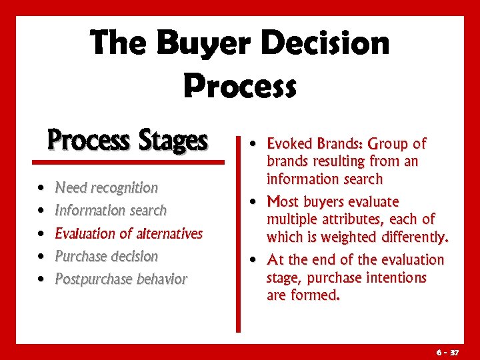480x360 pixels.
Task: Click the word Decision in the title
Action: coord(325,44)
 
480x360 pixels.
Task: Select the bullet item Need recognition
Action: coord(107,188)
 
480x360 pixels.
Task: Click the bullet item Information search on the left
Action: coord(111,211)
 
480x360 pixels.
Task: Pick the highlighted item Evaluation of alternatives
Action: coord(129,233)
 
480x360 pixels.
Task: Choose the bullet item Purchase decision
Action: coord(107,256)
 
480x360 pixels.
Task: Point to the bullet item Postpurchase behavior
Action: coord(121,279)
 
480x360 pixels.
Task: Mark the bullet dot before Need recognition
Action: coord(41,189)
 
